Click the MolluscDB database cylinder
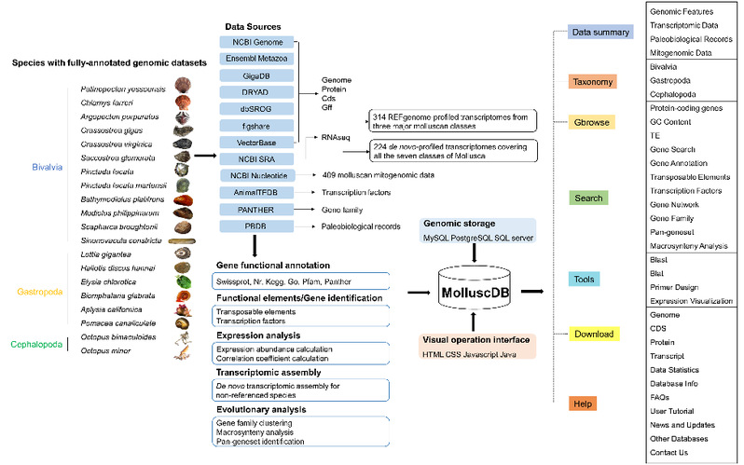pos(476,293)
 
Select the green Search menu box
pos(588,198)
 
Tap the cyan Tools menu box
pos(585,279)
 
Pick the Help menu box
pos(582,403)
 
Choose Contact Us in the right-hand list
pos(669,452)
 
